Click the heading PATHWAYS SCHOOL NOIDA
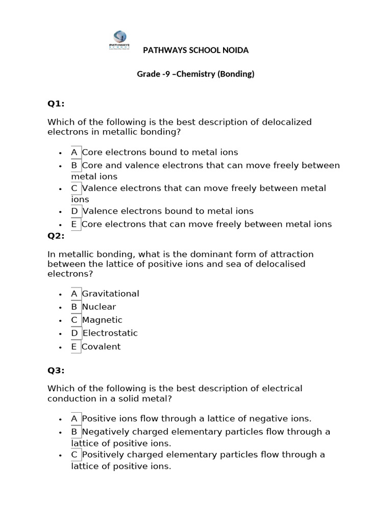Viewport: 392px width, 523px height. [195, 50]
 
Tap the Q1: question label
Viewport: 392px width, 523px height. [56, 104]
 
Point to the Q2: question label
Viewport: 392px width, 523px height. [56, 235]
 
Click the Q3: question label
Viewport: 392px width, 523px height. [56, 370]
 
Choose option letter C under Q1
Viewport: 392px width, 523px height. [75, 188]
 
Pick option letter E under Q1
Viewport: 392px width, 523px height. [75, 224]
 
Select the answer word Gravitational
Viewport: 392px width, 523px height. [110, 294]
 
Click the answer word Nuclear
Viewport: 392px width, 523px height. [99, 307]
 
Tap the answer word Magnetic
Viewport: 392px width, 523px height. [102, 320]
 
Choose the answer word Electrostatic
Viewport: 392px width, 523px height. [110, 333]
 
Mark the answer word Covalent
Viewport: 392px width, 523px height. [101, 347]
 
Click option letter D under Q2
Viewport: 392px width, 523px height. [75, 333]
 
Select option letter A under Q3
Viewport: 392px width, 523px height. [75, 418]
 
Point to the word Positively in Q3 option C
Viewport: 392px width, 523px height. [102, 455]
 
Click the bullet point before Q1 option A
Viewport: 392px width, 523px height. [61, 153]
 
